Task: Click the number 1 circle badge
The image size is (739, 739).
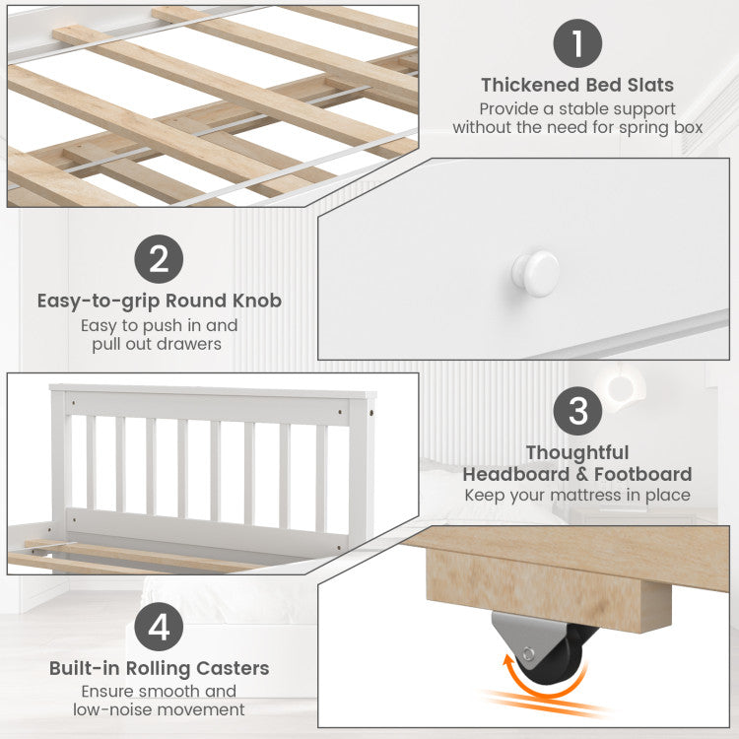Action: click(577, 43)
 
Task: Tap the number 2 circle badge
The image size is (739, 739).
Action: click(159, 259)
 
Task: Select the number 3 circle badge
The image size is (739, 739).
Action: click(577, 411)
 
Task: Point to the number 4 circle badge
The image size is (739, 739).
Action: click(159, 627)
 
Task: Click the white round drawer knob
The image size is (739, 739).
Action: click(536, 273)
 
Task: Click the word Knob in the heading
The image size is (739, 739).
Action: click(257, 301)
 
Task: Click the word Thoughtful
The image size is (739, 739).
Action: click(577, 452)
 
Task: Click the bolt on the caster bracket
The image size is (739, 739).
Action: click(528, 654)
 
